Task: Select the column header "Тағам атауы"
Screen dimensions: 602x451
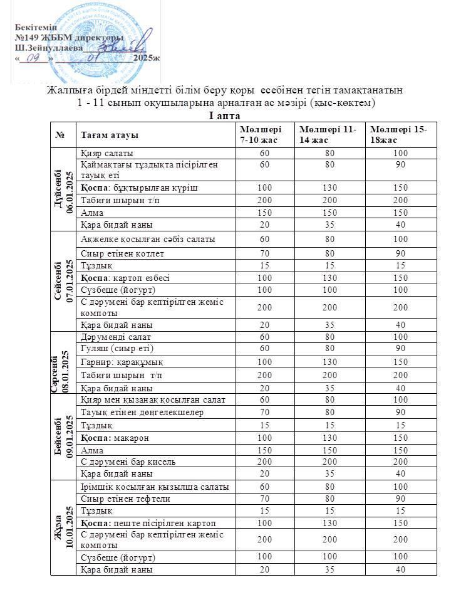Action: click(x=110, y=135)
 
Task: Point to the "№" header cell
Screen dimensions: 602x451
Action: click(x=61, y=135)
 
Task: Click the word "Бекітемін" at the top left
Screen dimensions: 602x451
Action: click(x=36, y=29)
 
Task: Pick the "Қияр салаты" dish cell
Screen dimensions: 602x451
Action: click(x=106, y=153)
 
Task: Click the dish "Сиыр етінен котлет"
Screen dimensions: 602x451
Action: click(x=120, y=253)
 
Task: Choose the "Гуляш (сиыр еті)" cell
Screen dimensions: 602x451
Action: click(x=117, y=349)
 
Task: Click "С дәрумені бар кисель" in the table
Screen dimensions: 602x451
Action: click(x=128, y=462)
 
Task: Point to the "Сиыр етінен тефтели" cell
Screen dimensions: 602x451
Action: click(x=122, y=499)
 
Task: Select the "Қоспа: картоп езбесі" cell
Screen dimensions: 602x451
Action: click(x=125, y=278)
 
